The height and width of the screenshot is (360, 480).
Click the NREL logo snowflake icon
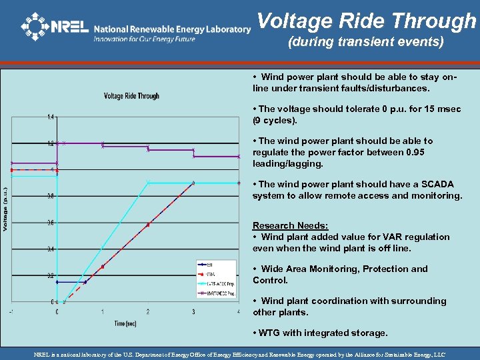pos(35,27)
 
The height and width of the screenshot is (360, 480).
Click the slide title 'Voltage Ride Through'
pos(366,21)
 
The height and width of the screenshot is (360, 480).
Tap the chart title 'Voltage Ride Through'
pos(131,96)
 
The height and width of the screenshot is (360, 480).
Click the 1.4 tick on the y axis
pos(51,117)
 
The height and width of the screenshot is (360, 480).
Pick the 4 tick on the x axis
pos(238,311)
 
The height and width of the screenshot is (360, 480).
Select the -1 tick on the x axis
pos(11,311)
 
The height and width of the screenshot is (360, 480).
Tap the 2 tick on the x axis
pos(148,311)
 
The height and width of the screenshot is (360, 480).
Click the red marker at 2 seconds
pos(148,224)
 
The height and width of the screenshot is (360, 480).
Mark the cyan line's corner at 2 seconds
pos(148,182)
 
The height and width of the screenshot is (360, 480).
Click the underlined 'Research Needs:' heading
pos(290,225)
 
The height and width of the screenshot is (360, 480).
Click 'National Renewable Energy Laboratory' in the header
pos(172,29)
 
